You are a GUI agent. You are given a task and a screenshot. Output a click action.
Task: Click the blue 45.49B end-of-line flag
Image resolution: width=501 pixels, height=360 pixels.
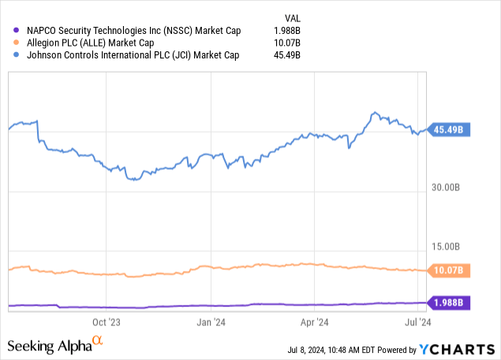coord(451,130)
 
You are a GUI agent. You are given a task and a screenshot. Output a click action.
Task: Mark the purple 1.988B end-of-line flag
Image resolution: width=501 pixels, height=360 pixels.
coord(451,302)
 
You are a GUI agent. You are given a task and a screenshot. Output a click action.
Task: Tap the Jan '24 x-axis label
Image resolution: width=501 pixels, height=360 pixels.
coord(211,322)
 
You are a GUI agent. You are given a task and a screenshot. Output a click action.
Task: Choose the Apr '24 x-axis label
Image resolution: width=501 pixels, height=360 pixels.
coord(315,322)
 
